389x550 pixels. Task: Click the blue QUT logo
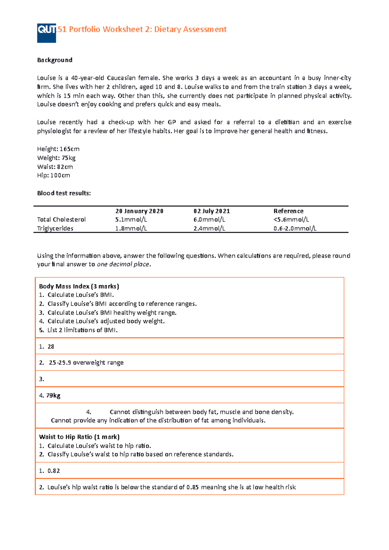pyautogui.click(x=46, y=33)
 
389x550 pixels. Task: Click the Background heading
pyautogui.click(x=54, y=60)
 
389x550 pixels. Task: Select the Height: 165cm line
pyautogui.click(x=58, y=149)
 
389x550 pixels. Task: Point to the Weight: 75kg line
pyautogui.click(x=56, y=158)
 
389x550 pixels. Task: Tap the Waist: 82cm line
pyautogui.click(x=55, y=167)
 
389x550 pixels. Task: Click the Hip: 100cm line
pyautogui.click(x=53, y=175)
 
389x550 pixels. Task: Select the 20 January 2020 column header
pyautogui.click(x=139, y=211)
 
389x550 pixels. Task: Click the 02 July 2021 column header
pyautogui.click(x=211, y=211)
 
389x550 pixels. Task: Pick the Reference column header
pyautogui.click(x=288, y=211)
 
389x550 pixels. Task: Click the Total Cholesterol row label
pyautogui.click(x=61, y=220)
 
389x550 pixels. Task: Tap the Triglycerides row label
pyautogui.click(x=55, y=228)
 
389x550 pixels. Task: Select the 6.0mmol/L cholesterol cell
pyautogui.click(x=209, y=220)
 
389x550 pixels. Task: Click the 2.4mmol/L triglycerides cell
pyautogui.click(x=209, y=228)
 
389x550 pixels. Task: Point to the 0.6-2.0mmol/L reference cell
pyautogui.click(x=295, y=228)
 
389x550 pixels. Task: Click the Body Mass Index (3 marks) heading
pyautogui.click(x=79, y=286)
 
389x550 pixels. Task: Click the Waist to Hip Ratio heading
pyautogui.click(x=79, y=437)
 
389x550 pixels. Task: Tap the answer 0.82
pyautogui.click(x=53, y=471)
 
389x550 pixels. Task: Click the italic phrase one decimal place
pyautogui.click(x=123, y=264)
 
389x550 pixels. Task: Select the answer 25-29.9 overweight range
pyautogui.click(x=86, y=363)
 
